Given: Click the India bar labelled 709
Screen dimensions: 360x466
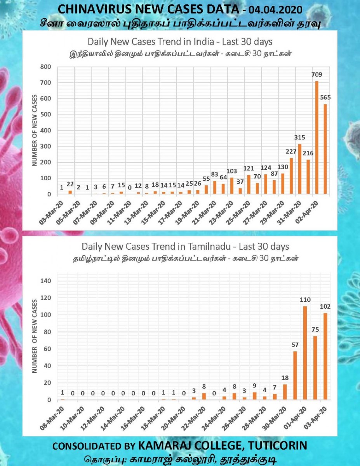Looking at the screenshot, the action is [x=317, y=137].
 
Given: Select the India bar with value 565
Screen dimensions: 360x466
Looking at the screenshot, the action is [x=325, y=149].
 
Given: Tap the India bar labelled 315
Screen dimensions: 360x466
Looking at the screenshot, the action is [x=300, y=169].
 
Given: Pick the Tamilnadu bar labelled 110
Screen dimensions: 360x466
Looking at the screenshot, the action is [x=305, y=353].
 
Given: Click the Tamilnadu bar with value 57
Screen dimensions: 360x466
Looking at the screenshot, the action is [x=295, y=375].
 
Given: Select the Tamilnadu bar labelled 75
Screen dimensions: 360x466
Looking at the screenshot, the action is [x=315, y=368].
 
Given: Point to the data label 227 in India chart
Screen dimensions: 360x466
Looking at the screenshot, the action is [x=291, y=151].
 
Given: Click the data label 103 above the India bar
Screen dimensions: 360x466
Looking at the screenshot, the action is [x=232, y=171].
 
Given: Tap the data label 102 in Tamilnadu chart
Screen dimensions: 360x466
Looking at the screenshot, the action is [x=325, y=307].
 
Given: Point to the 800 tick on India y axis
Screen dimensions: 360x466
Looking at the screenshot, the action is [x=45, y=67].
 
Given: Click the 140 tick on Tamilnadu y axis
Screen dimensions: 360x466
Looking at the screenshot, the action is [x=46, y=281].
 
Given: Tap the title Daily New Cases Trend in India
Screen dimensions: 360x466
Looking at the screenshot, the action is [x=151, y=42].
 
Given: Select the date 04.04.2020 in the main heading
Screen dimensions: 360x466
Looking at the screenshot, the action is [x=275, y=10].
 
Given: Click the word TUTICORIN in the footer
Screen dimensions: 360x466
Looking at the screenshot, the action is [x=278, y=446].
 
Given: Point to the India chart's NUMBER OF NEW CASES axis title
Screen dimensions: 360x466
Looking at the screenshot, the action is [x=34, y=130].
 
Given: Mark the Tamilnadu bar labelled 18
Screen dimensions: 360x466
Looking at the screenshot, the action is [x=285, y=392].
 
